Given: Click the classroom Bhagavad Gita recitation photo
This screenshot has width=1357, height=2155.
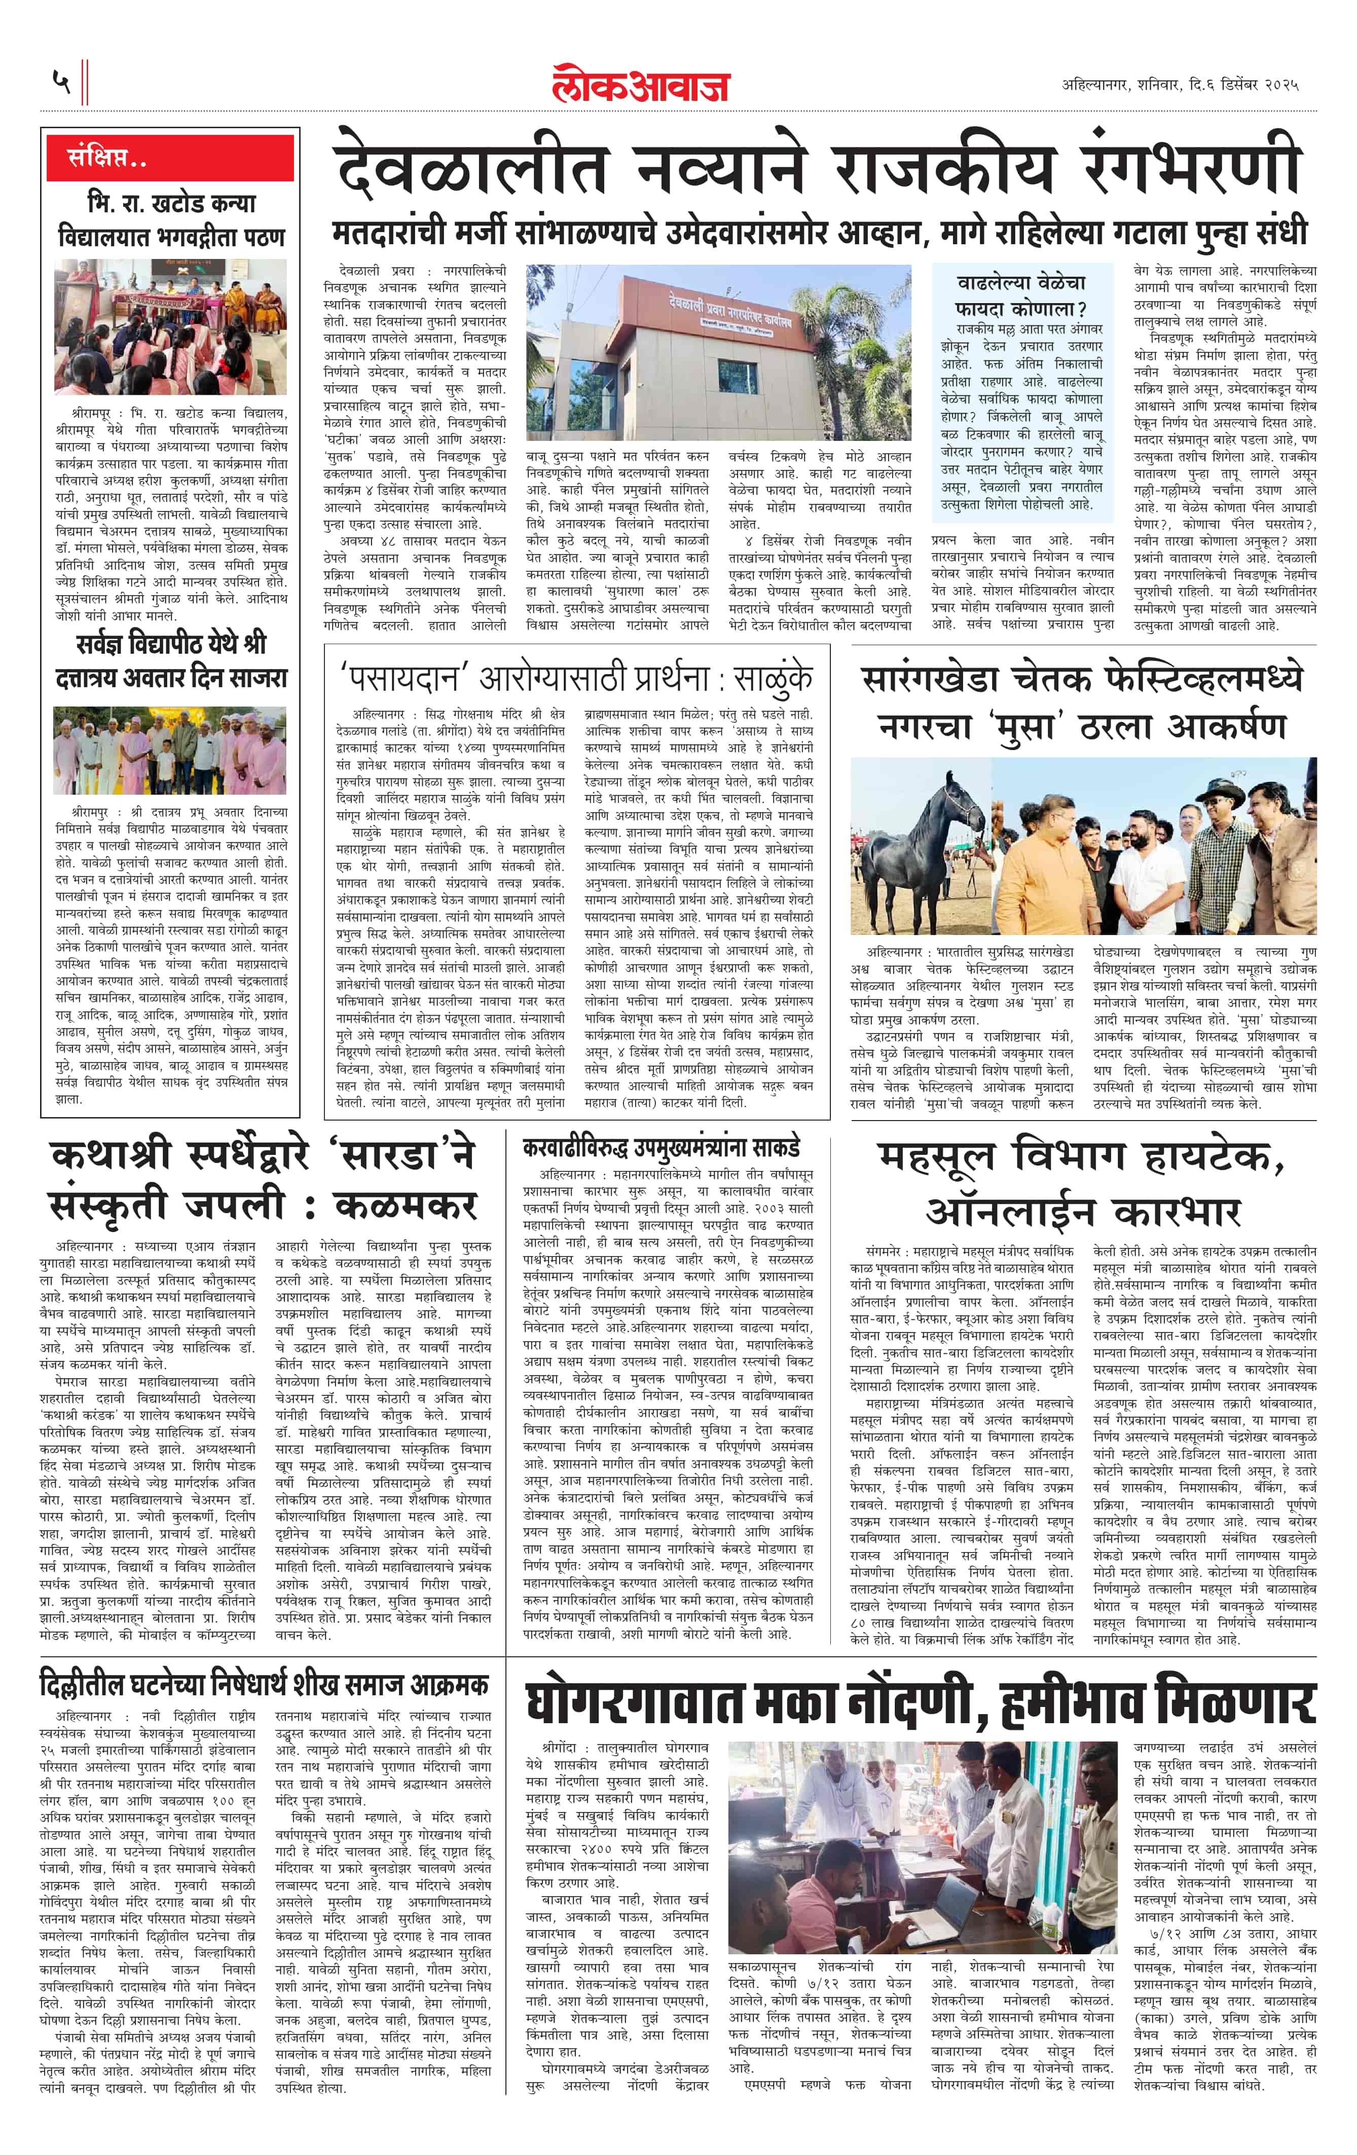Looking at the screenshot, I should pos(170,327).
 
